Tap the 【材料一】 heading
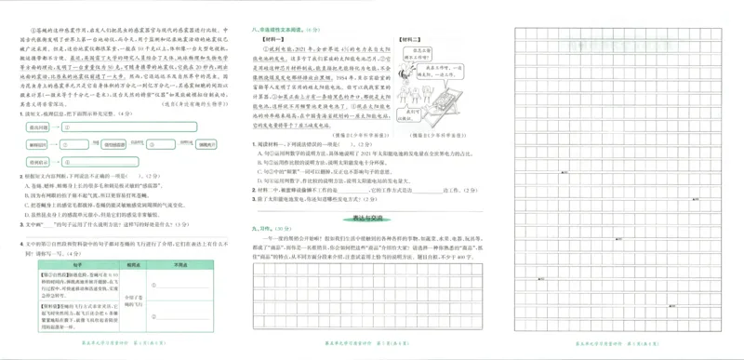pos(267,42)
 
